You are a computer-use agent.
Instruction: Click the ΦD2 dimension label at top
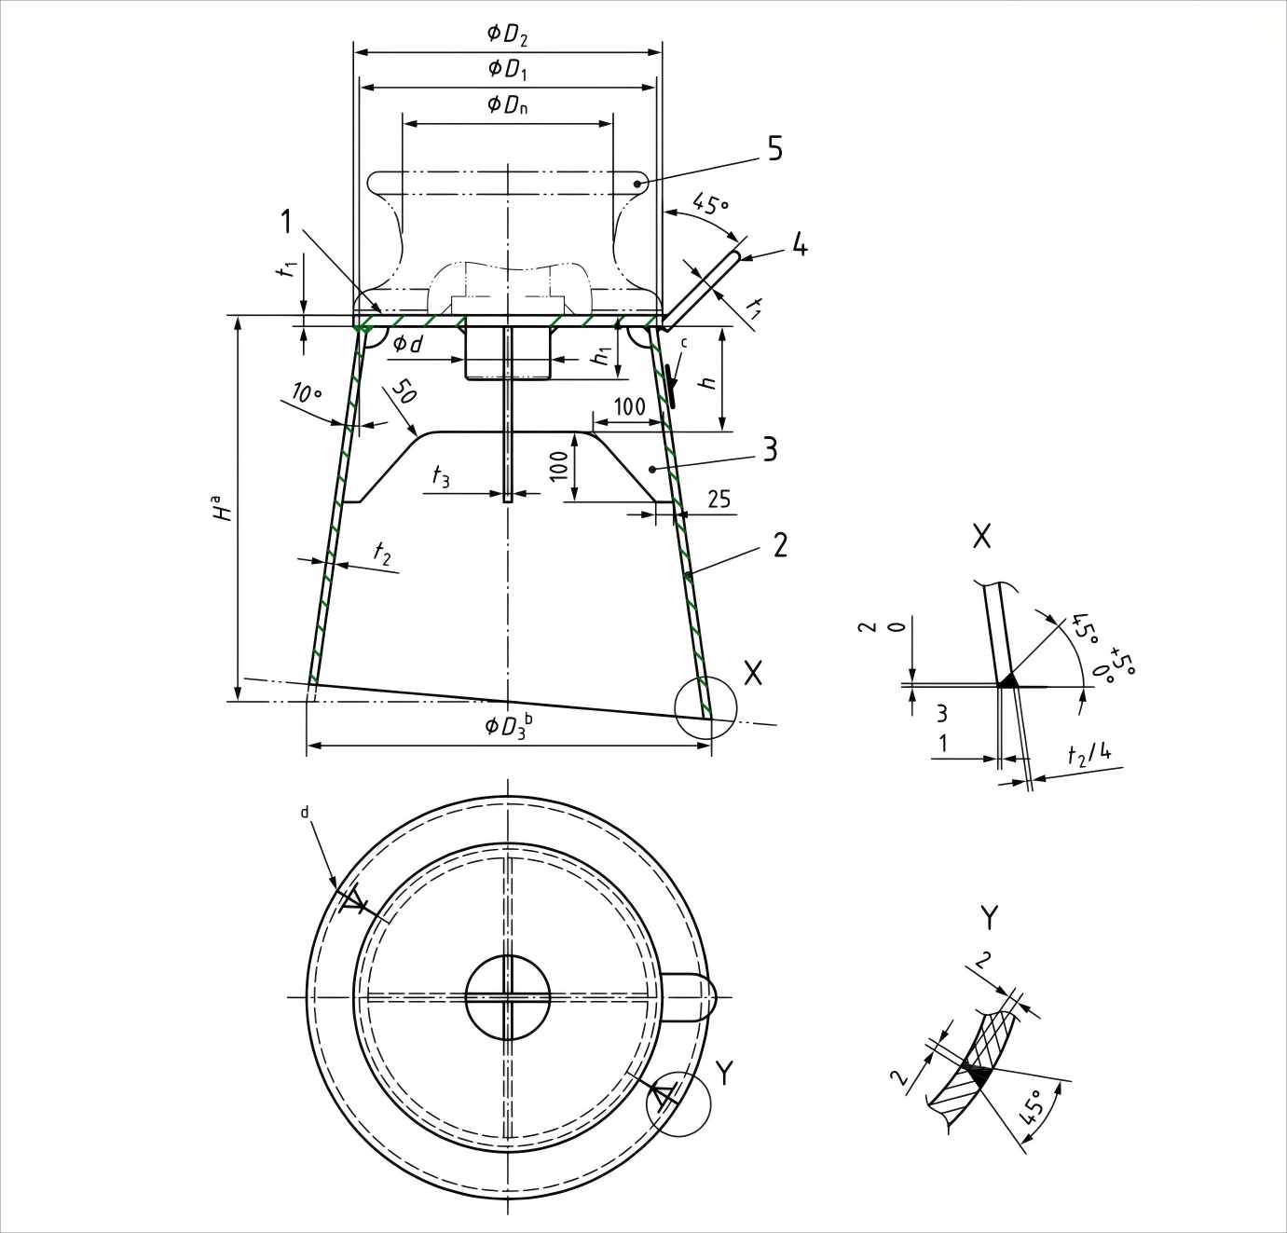(x=507, y=35)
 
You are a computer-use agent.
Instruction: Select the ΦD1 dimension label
(x=508, y=69)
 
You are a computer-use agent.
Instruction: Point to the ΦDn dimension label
(x=508, y=103)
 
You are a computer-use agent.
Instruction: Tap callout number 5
(x=774, y=149)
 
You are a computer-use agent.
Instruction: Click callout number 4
(x=799, y=245)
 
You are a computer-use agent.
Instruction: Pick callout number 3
(x=770, y=450)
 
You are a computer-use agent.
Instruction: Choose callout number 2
(x=780, y=545)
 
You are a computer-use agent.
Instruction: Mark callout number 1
(x=288, y=222)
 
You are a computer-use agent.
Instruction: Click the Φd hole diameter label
(x=407, y=344)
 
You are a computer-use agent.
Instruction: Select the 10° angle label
(x=307, y=393)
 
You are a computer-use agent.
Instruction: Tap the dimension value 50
(x=403, y=391)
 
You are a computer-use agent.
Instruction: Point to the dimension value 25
(x=719, y=500)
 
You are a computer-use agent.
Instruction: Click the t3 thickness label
(x=440, y=477)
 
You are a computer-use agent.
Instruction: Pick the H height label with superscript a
(x=222, y=507)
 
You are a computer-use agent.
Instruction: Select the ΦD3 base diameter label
(x=509, y=725)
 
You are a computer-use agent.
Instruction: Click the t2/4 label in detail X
(x=1089, y=753)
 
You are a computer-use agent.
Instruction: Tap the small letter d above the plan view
(x=304, y=813)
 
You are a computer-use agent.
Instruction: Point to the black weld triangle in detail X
(x=1007, y=680)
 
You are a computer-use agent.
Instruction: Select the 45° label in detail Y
(x=1033, y=1110)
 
